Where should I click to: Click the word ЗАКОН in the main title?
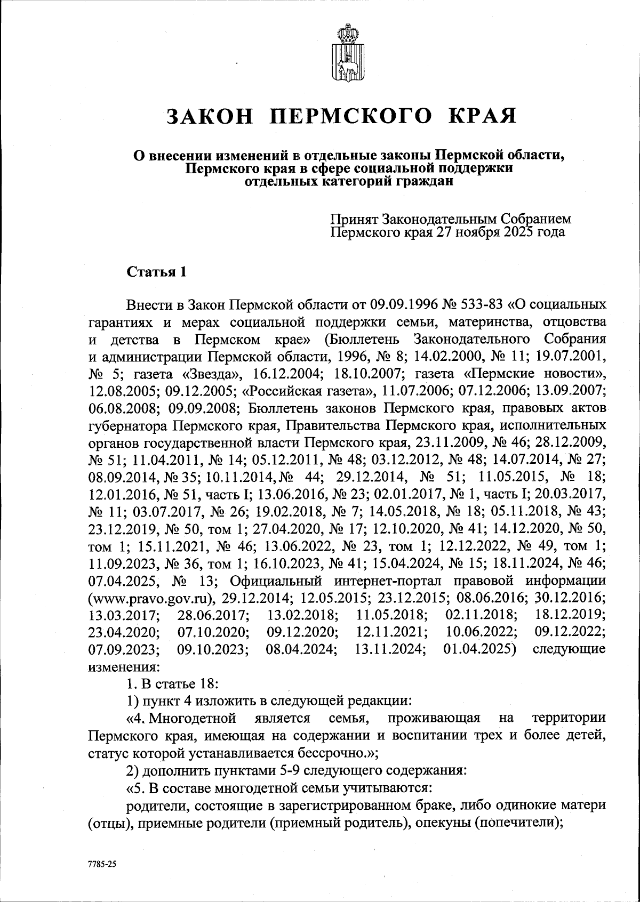point(210,116)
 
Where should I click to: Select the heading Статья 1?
point(156,272)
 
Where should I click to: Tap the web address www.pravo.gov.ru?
point(153,597)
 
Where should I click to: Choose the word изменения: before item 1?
point(123,666)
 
